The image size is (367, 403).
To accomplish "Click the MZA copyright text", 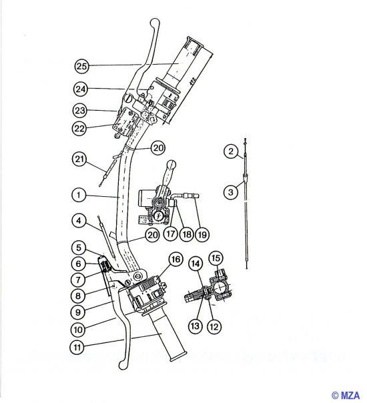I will [x=347, y=396].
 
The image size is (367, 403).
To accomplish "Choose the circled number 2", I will [x=230, y=153].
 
